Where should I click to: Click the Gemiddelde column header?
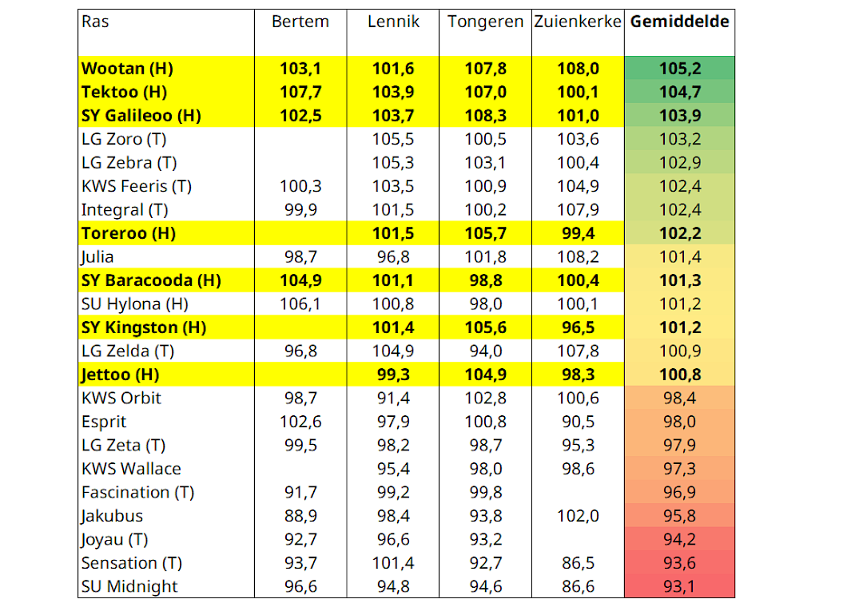[x=679, y=22]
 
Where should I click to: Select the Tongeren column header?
[x=485, y=22]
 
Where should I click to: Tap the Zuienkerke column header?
[x=578, y=22]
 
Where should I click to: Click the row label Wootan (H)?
[x=127, y=69]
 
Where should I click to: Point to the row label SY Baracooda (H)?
[x=151, y=280]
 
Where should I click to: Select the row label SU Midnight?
[x=129, y=586]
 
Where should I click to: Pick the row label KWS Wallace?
[x=131, y=469]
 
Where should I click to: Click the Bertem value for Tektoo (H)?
[x=300, y=92]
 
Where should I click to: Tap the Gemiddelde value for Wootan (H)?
[x=679, y=69]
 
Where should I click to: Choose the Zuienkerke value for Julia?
[x=578, y=257]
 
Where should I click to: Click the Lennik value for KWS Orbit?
[x=393, y=399]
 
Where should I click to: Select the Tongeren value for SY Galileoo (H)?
[x=485, y=116]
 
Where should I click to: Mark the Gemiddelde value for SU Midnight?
[x=679, y=586]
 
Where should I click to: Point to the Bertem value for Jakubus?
[x=300, y=516]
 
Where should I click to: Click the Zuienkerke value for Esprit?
[x=578, y=422]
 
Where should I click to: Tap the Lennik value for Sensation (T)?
[x=393, y=563]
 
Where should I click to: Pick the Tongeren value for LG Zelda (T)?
[x=485, y=351]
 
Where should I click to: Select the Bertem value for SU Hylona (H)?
[x=300, y=304]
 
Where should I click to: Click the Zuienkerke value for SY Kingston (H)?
[x=578, y=327]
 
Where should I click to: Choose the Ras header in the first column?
[x=95, y=22]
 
